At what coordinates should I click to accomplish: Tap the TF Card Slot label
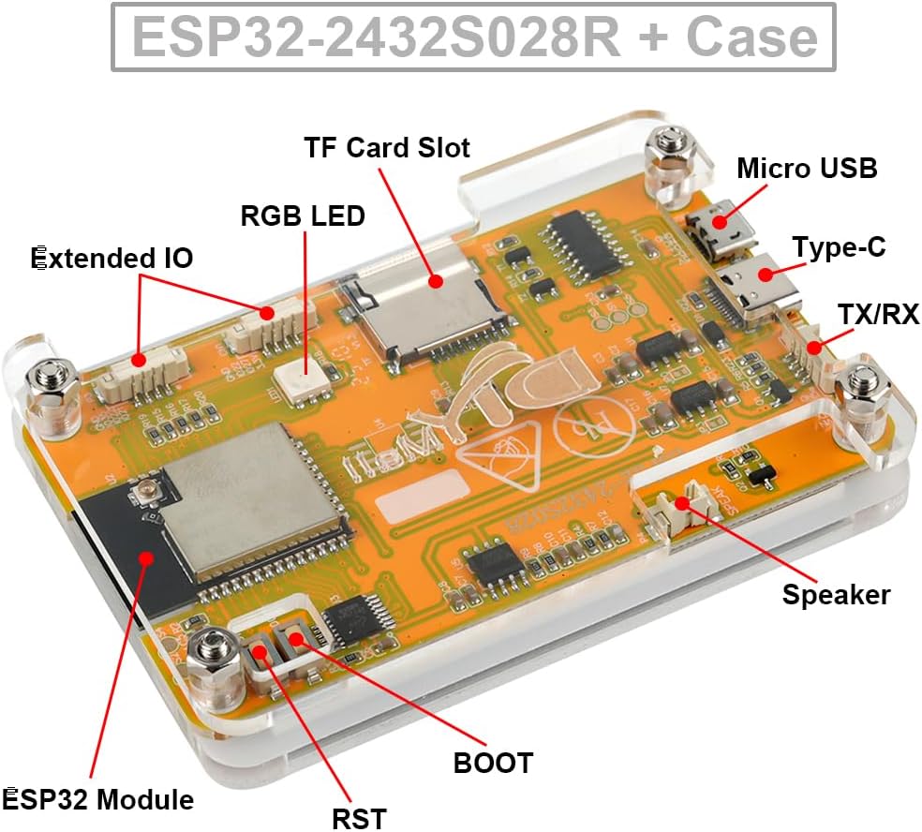[x=386, y=147]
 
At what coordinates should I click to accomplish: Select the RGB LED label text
[x=303, y=215]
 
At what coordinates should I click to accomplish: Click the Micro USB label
[x=807, y=169]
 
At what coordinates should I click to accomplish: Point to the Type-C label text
[x=839, y=247]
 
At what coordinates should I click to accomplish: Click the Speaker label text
[x=836, y=594]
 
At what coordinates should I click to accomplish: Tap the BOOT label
[x=493, y=763]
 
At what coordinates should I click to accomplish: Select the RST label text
[x=359, y=817]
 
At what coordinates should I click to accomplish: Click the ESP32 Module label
[x=99, y=800]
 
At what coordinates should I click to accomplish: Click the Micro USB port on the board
[x=717, y=228]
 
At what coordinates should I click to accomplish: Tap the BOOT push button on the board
[x=293, y=642]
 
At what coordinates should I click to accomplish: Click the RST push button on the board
[x=260, y=649]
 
